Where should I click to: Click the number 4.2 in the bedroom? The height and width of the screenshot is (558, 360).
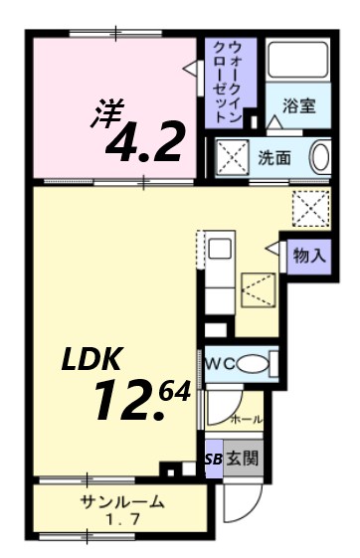click(144, 142)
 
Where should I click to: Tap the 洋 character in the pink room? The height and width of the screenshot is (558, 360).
click(106, 110)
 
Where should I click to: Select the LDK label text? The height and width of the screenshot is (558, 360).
click(93, 360)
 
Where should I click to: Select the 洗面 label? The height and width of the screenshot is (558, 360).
click(274, 157)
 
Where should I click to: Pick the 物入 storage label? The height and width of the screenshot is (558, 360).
click(307, 255)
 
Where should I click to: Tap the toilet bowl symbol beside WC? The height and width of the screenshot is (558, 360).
click(257, 363)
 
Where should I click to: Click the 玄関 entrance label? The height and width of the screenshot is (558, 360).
click(243, 459)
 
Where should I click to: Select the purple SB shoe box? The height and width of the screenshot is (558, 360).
click(213, 460)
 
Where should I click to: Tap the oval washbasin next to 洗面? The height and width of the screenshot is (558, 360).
click(320, 158)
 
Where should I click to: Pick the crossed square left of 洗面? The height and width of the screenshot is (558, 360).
click(233, 158)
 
